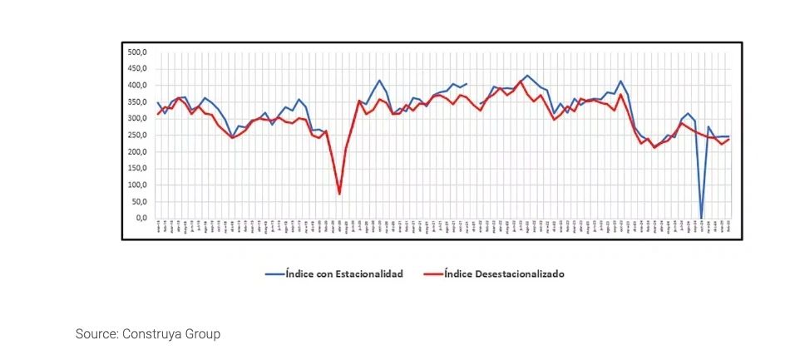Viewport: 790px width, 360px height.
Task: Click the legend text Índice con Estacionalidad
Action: point(343,274)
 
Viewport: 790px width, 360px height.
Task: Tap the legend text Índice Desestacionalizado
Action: point(504,274)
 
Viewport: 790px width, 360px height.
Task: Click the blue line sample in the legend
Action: point(274,274)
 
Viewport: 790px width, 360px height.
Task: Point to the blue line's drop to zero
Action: point(702,217)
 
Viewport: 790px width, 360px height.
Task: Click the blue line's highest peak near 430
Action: point(526,76)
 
